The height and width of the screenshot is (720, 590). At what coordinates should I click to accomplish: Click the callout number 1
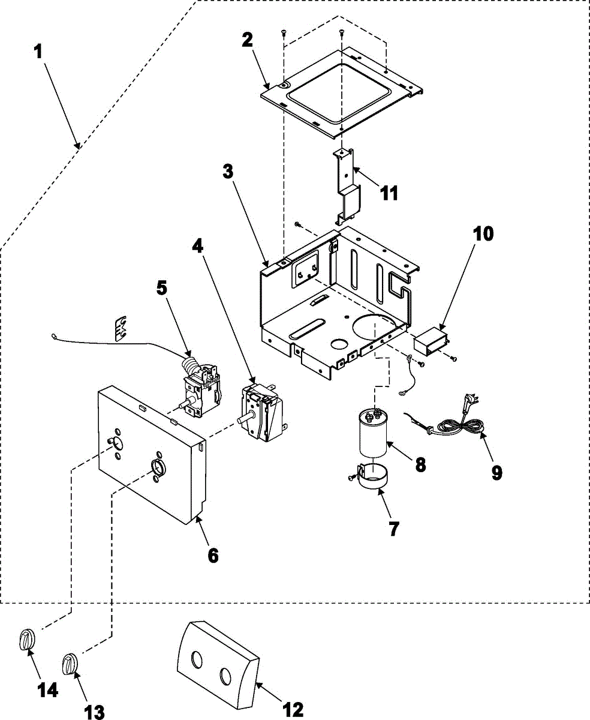pyautogui.click(x=38, y=52)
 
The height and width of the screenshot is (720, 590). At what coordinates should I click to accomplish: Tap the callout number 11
pyautogui.click(x=388, y=193)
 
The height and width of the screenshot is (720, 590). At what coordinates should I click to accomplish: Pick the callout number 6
pyautogui.click(x=213, y=555)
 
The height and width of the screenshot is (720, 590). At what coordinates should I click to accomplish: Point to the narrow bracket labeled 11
pyautogui.click(x=347, y=183)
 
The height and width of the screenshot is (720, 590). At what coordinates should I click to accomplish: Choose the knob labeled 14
pyautogui.click(x=26, y=639)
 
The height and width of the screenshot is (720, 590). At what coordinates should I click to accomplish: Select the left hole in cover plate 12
pyautogui.click(x=196, y=661)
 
